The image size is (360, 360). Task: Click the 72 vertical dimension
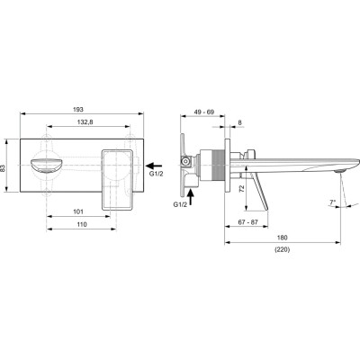pyautogui.click(x=242, y=188)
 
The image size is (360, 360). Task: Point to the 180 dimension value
pyautogui.click(x=283, y=238)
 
